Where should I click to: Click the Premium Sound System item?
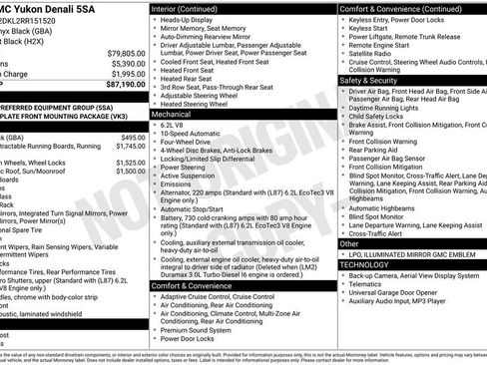pyautogui.click(x=203, y=329)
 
